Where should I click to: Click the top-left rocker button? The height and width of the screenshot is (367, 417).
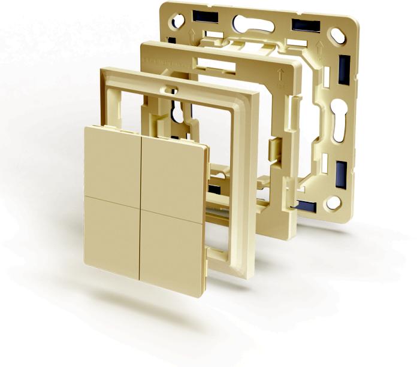(113, 160)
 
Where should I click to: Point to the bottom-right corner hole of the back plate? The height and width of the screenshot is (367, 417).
(333, 204)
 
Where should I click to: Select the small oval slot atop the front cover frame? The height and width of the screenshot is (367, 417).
(172, 91)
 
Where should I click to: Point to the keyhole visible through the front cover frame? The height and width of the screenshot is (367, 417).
(179, 114)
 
